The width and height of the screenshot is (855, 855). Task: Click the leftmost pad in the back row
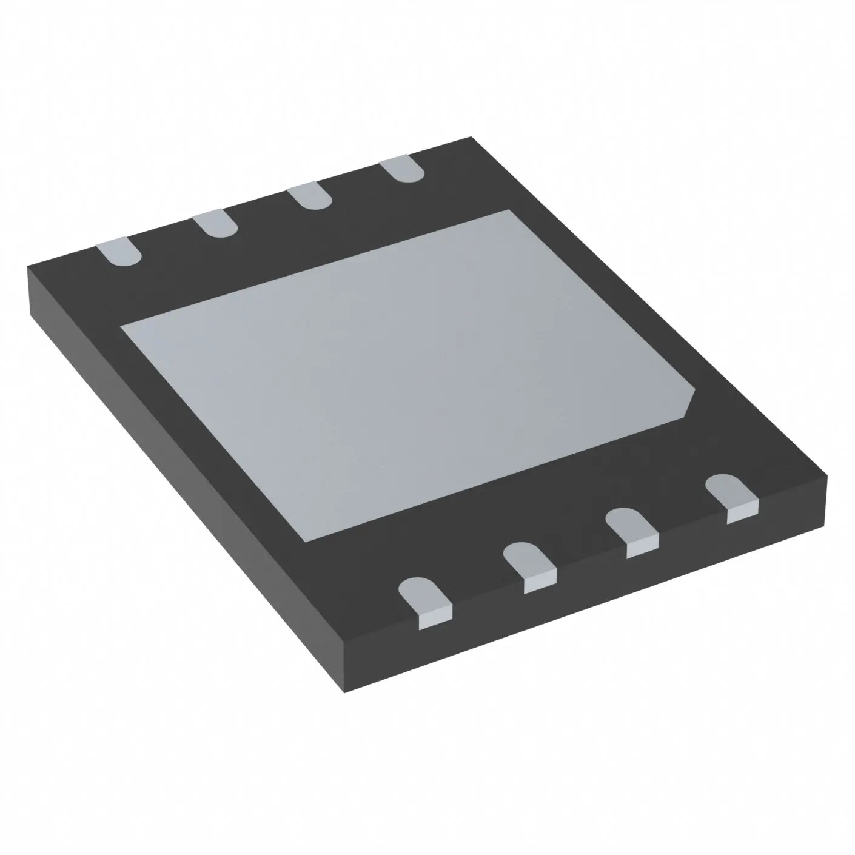pos(119,252)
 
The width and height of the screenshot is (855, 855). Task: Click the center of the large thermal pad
pos(406,370)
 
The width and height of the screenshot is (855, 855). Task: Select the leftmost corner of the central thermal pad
pos(122,327)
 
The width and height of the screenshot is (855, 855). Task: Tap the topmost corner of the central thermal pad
pos(508,210)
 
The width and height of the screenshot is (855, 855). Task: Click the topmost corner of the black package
pos(471,138)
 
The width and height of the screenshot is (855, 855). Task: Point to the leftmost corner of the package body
pos(29,267)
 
